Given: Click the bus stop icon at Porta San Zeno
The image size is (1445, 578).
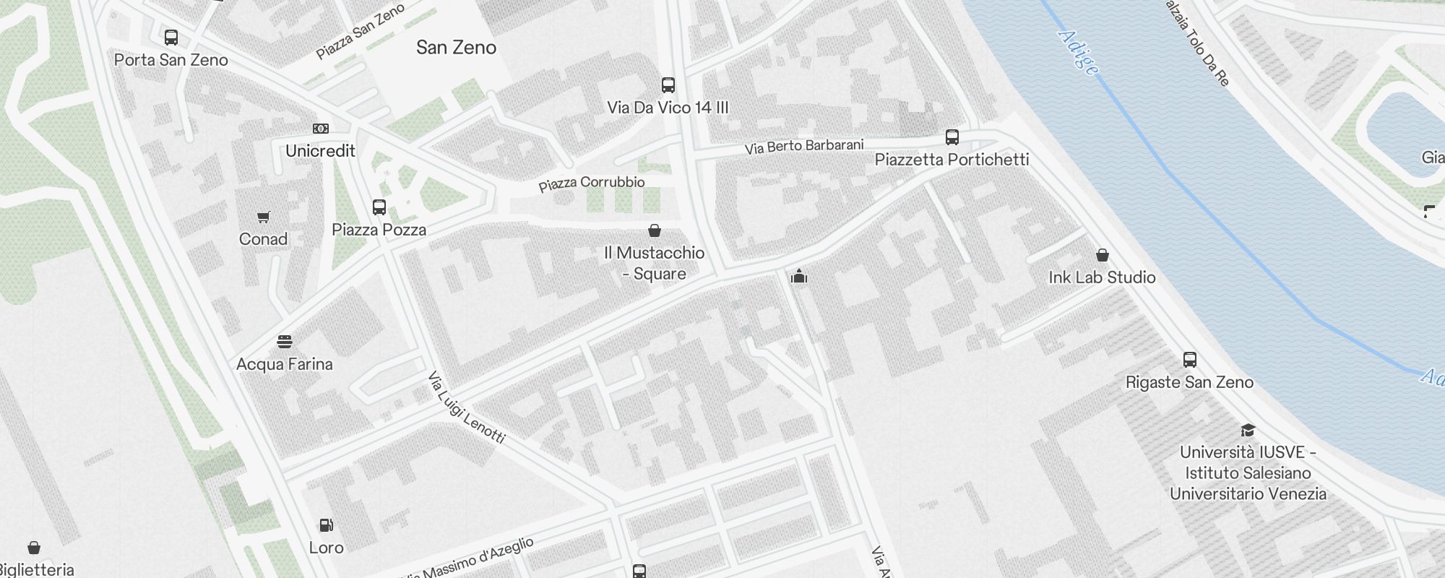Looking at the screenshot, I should (x=171, y=38).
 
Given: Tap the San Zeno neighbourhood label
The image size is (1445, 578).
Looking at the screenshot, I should (x=456, y=48).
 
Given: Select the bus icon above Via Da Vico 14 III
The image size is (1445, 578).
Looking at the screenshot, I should (x=668, y=85).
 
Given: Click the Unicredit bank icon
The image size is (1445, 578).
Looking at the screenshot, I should (x=321, y=129).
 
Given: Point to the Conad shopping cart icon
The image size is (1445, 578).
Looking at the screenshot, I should (x=264, y=217).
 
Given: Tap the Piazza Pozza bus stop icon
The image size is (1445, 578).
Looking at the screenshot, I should (x=379, y=207).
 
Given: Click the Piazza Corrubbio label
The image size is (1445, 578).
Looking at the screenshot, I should (x=592, y=183).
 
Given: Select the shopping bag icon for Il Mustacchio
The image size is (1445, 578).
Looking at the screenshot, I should (x=655, y=230).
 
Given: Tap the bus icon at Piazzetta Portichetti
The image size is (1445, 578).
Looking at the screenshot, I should (x=952, y=137).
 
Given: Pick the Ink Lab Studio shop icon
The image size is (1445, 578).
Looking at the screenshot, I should (x=1103, y=255).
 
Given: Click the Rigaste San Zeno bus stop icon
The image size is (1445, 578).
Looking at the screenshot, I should (x=1189, y=360).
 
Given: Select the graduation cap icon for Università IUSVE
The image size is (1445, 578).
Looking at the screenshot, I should (x=1248, y=431).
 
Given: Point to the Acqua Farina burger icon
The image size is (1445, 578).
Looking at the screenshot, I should (x=285, y=342).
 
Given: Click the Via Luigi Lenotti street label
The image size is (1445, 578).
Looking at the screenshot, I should (x=466, y=407).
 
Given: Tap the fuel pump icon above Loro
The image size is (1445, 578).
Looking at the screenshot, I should (x=327, y=525).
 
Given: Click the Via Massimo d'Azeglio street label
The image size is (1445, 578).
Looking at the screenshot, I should (x=470, y=559).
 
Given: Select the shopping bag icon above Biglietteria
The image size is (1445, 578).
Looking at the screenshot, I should (x=34, y=548).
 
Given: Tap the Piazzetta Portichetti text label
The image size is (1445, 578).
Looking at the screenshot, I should (x=952, y=160).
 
